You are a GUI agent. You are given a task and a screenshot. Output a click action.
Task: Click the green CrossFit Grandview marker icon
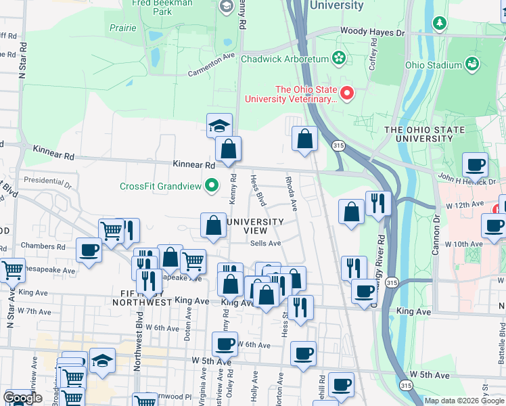click(212, 185)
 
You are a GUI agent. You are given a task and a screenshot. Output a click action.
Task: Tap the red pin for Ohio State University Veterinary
click(348, 93)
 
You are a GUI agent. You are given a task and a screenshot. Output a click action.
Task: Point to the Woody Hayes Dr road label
click(372, 32)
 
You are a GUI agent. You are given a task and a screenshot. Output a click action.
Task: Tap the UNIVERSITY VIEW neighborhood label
click(255, 226)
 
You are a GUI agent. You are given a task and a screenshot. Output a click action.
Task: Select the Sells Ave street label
click(265, 244)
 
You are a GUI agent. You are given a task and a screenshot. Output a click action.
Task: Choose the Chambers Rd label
click(42, 246)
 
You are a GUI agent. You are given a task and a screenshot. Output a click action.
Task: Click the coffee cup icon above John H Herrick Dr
click(475, 164)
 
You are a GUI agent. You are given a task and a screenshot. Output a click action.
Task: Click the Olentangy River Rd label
click(382, 250)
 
